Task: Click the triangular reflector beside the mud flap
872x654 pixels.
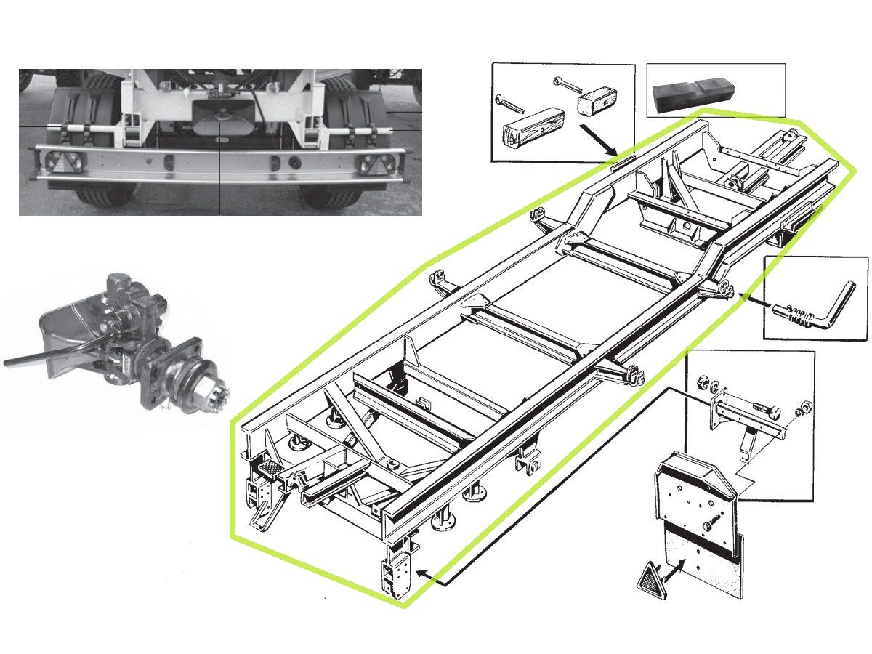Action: tap(648, 578)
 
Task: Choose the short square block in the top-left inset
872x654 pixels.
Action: tap(593, 103)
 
